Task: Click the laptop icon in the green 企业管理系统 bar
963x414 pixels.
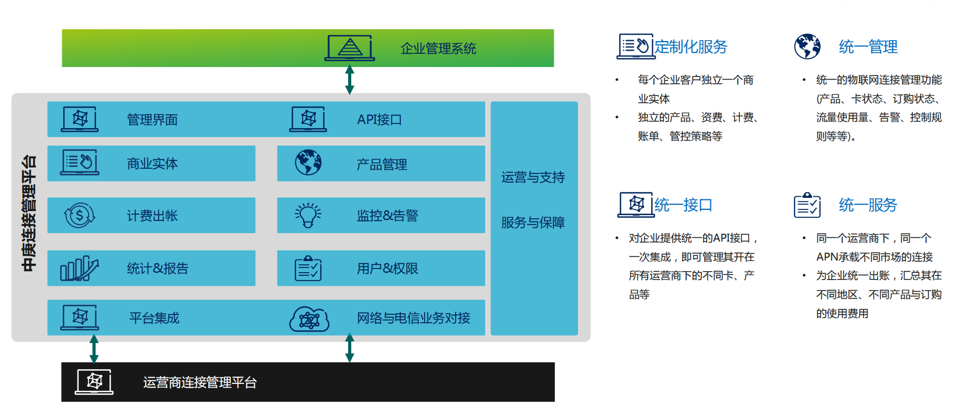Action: [x=350, y=48]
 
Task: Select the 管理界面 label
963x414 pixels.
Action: [x=152, y=120]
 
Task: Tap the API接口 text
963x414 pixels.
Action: [x=379, y=120]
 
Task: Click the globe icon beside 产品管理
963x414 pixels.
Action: [x=309, y=162]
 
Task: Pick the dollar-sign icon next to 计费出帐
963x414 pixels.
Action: [x=80, y=215]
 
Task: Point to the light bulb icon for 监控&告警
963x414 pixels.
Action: [x=309, y=215]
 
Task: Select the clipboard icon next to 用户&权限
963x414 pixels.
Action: [x=309, y=268]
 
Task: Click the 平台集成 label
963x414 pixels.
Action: [x=155, y=318]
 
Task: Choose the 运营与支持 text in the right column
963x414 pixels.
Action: [x=533, y=177]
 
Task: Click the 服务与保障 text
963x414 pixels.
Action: [x=533, y=223]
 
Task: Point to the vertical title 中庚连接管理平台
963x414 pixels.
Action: [x=30, y=213]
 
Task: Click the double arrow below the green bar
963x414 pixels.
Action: [x=350, y=80]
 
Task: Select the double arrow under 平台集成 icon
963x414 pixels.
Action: [x=94, y=349]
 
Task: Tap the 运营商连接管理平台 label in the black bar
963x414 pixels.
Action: [x=200, y=382]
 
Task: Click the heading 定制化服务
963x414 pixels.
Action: [x=691, y=47]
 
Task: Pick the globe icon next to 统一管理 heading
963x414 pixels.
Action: [x=807, y=46]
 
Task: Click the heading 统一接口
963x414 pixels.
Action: [x=683, y=205]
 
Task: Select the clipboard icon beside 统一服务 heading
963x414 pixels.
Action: [x=807, y=205]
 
